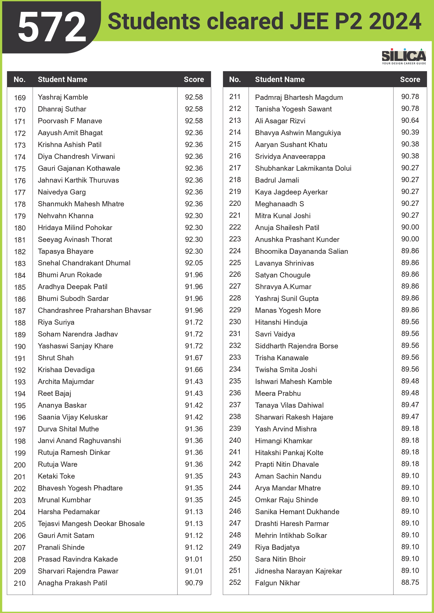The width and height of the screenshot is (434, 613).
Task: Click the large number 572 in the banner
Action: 52,27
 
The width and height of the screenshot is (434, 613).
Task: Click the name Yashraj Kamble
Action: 63,97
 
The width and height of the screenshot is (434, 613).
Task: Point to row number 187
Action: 20,311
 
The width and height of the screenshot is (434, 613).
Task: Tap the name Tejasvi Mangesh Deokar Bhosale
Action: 91,524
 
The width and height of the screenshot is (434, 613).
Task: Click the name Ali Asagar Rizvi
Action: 280,121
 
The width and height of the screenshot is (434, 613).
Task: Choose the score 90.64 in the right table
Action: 410,120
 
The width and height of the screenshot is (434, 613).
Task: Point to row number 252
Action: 235,582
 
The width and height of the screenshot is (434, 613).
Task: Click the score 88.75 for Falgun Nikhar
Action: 410,582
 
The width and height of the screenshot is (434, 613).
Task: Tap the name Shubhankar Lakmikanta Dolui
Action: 303,168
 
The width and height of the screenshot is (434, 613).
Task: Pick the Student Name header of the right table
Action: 280,79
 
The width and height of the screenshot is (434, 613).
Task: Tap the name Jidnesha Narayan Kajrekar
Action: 298,571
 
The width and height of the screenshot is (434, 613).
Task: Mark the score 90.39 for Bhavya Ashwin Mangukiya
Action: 410,132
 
